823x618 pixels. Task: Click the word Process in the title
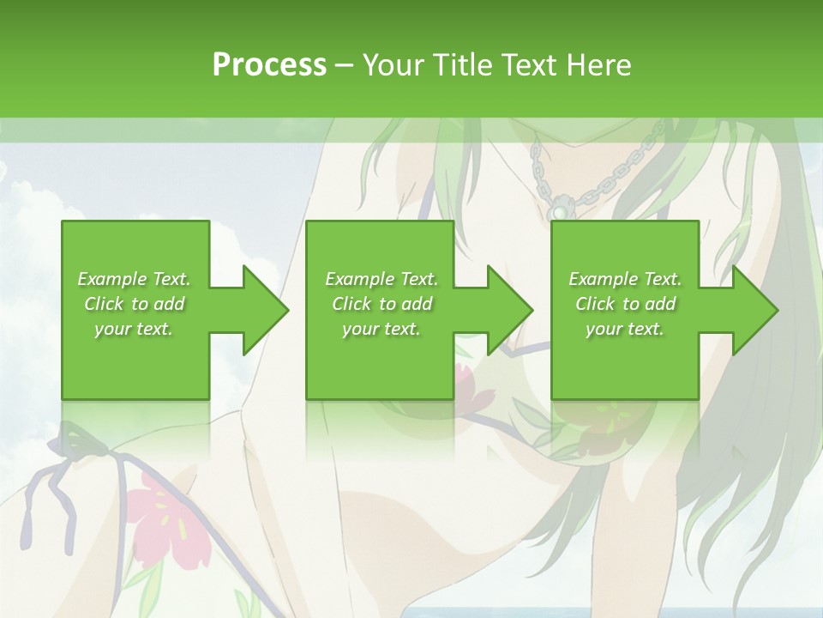pyautogui.click(x=269, y=65)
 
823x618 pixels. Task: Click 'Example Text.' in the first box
pyautogui.click(x=134, y=279)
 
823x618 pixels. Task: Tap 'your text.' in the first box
pyautogui.click(x=134, y=329)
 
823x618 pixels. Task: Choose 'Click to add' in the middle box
pyautogui.click(x=381, y=304)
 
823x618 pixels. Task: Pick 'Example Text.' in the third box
pyautogui.click(x=625, y=279)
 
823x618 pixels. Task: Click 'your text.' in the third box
pyautogui.click(x=625, y=329)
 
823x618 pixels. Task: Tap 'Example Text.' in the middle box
pyautogui.click(x=381, y=279)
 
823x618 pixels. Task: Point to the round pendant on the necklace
pyautogui.click(x=558, y=210)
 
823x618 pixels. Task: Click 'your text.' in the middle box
pyautogui.click(x=381, y=329)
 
